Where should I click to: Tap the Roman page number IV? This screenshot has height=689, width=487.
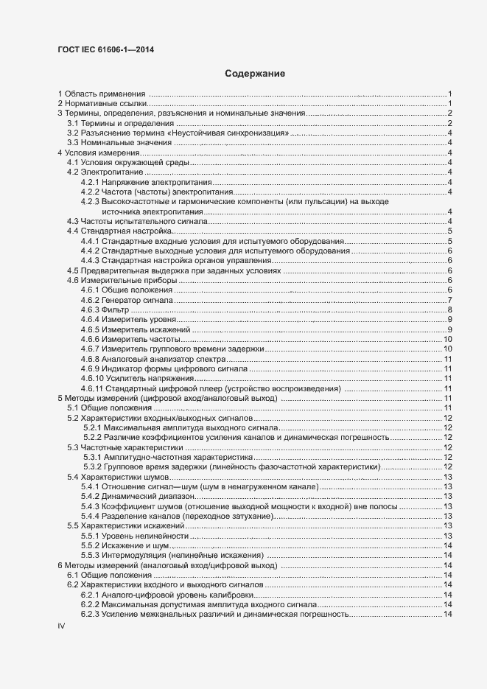[62, 625]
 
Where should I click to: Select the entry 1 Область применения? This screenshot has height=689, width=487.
[103, 94]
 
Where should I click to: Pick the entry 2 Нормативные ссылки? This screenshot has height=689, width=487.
[102, 103]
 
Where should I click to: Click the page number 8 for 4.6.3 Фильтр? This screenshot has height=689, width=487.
[449, 310]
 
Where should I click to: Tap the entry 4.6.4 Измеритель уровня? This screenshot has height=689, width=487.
[128, 320]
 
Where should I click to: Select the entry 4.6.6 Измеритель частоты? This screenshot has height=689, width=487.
[130, 339]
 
